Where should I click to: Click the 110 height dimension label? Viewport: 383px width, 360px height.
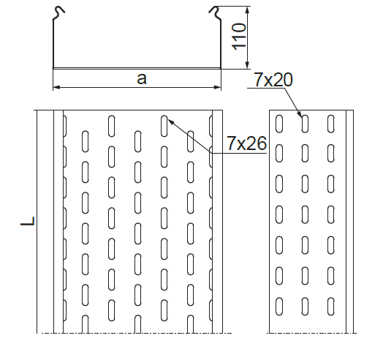coord(238,37)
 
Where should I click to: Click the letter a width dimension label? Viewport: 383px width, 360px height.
coord(142,79)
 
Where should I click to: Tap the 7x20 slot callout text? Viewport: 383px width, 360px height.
coord(273,80)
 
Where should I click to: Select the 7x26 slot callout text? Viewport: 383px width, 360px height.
coord(247,143)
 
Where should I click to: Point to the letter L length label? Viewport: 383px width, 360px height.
coord(28,221)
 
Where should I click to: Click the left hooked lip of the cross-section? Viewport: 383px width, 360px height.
coord(58,13)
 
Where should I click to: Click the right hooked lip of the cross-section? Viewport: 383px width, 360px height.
coord(215,13)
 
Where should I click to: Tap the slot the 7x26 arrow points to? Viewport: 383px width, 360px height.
coord(164,126)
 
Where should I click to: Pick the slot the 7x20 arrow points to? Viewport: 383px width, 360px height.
coord(305,124)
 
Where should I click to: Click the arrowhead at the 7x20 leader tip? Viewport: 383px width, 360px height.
coord(300,113)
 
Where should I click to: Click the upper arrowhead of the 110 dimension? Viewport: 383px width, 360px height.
coord(248,10)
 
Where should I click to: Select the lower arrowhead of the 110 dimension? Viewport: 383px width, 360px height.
coord(248,65)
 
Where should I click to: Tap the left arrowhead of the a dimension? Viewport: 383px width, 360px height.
coord(57,87)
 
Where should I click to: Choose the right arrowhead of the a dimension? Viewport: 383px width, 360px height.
coord(217,87)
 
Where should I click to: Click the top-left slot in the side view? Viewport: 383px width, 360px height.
coord(279,124)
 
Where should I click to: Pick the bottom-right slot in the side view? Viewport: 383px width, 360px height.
coord(331,306)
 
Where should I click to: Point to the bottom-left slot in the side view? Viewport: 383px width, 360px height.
coord(279,306)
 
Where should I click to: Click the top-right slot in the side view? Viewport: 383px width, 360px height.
coord(331,124)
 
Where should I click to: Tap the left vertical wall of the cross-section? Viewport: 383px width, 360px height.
coord(53,44)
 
